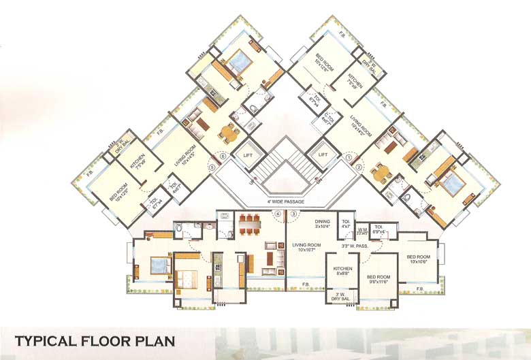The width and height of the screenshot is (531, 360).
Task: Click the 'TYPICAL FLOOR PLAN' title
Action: [95, 340]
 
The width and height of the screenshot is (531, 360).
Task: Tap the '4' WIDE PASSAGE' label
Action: [286, 202]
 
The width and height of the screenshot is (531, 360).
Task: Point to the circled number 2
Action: [359, 166]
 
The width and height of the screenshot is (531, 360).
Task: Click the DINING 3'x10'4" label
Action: [323, 225]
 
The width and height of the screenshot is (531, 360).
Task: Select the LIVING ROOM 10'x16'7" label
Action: [310, 246]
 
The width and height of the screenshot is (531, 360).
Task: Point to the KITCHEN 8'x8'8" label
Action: [342, 272]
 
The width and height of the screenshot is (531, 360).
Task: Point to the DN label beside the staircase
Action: [319, 182]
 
